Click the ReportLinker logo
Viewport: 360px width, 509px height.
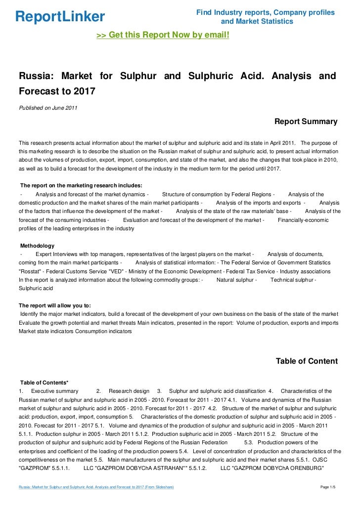[60, 17]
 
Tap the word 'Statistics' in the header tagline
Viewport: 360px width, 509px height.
[274, 21]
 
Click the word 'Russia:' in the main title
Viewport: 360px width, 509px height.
[36, 76]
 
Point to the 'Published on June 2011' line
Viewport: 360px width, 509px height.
[48, 108]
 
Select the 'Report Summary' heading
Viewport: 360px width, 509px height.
[306, 122]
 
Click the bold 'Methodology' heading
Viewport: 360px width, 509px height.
[37, 246]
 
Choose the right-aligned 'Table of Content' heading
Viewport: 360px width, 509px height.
[307, 361]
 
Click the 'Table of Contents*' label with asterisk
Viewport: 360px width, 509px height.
[44, 382]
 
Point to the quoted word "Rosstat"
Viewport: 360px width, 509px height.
[32, 271]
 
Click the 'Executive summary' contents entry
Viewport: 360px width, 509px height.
[54, 391]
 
